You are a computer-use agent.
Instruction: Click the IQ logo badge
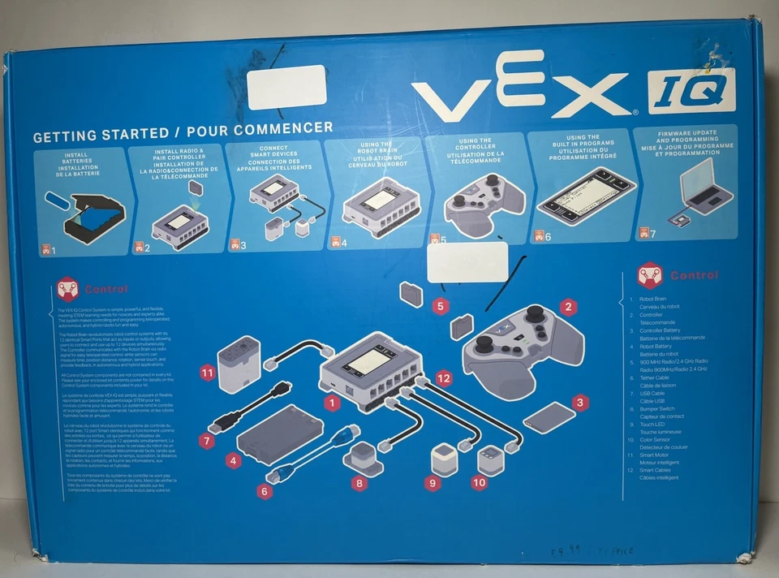[691, 90]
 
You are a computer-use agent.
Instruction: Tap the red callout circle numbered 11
[208, 373]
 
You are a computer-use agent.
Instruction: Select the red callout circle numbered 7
[207, 441]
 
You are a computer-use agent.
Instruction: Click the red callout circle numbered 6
[265, 490]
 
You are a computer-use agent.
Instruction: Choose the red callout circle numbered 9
[433, 483]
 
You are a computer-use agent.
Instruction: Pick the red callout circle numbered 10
[479, 482]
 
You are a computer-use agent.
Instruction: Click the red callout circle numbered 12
[442, 377]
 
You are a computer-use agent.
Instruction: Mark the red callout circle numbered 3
[579, 402]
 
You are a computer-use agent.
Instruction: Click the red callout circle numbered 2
[569, 307]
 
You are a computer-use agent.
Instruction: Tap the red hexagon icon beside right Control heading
[649, 274]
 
